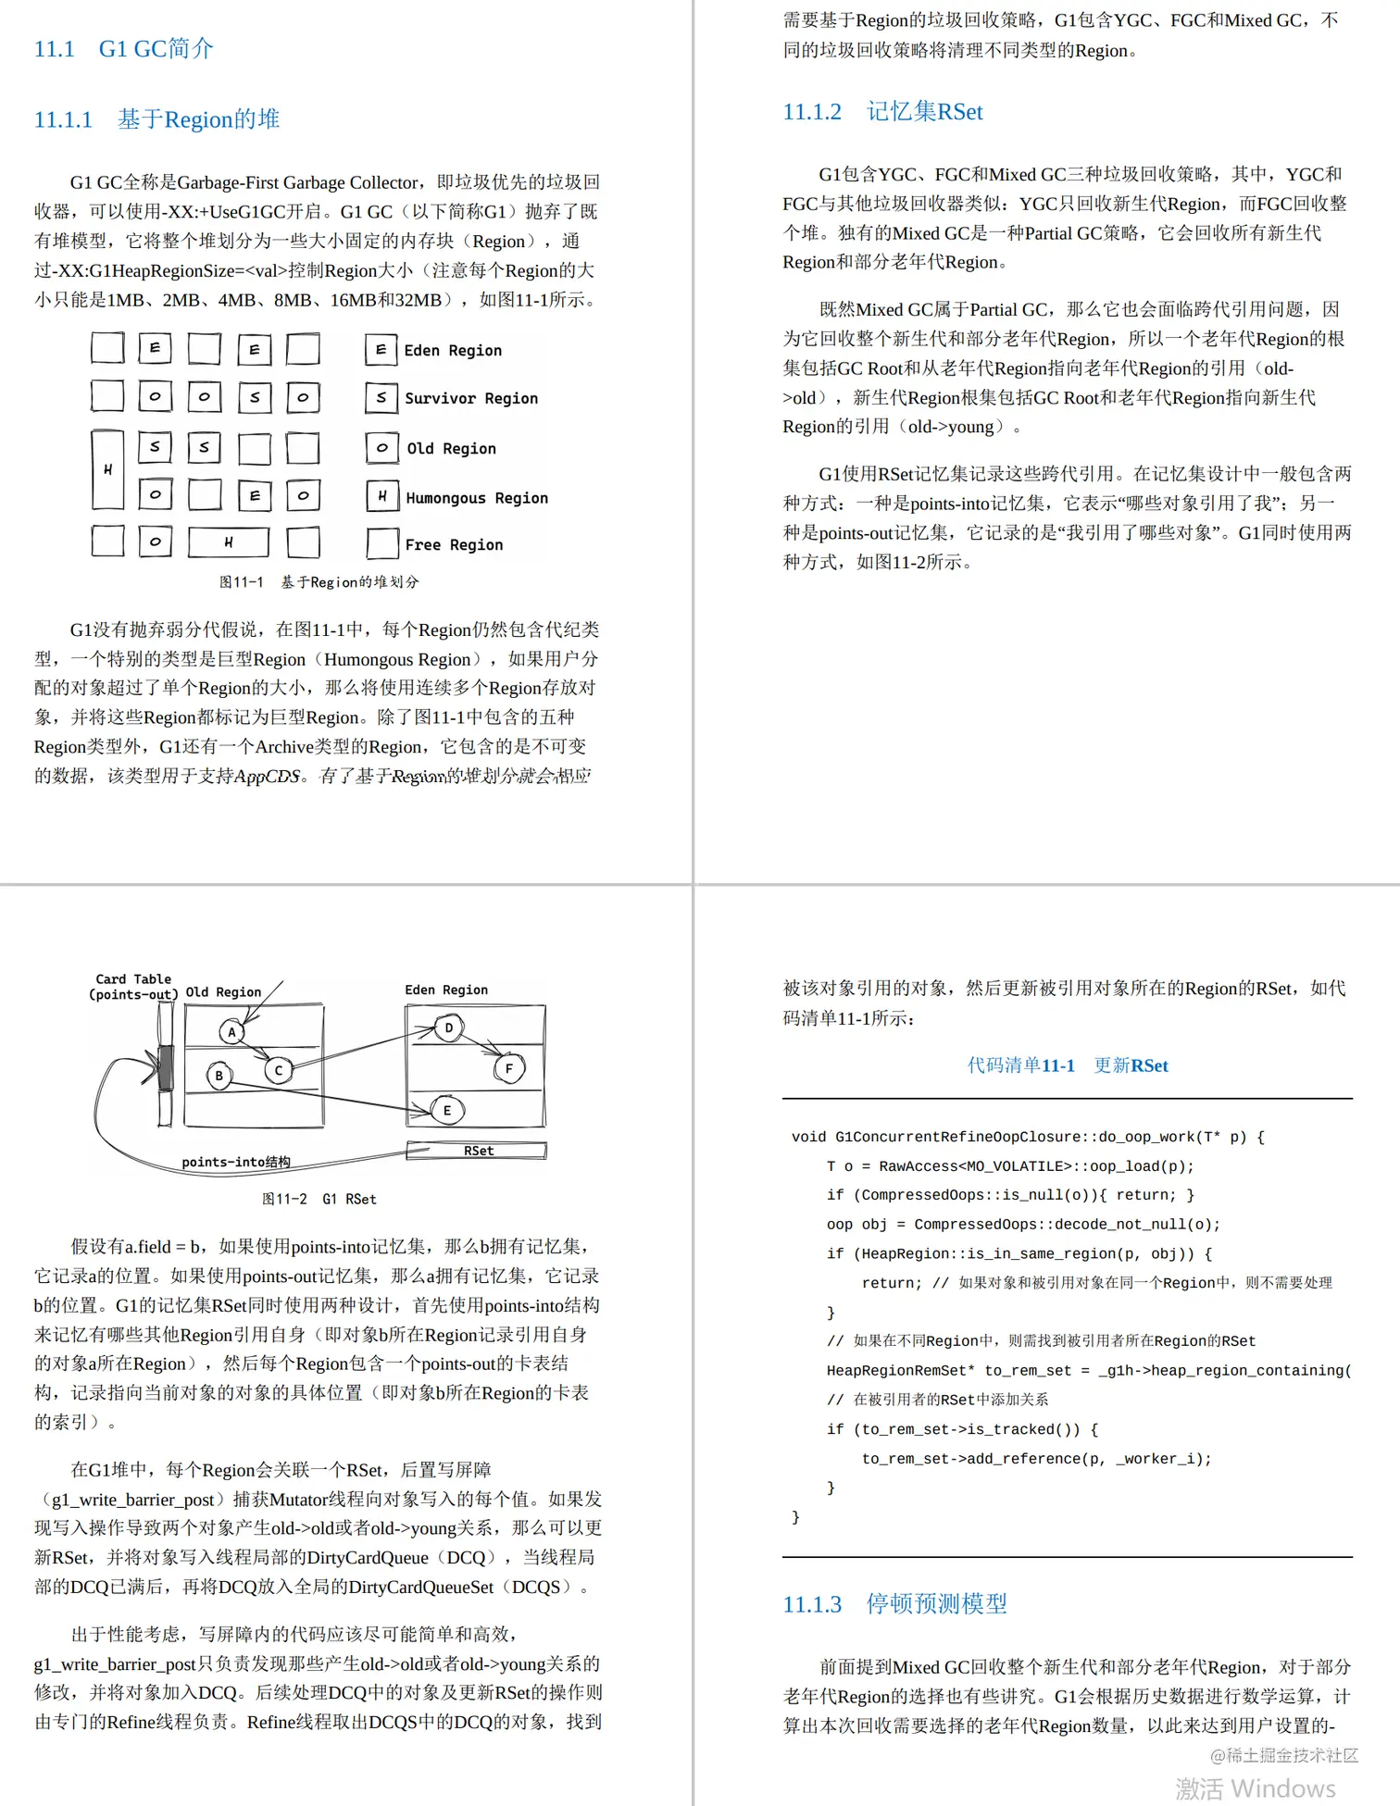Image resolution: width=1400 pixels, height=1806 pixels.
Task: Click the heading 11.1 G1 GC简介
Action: coord(123,48)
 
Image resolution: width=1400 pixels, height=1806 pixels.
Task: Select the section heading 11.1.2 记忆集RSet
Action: coord(881,112)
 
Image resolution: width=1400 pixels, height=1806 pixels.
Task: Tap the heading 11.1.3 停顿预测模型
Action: coord(894,1603)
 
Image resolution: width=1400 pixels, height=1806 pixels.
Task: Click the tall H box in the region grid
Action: coord(107,469)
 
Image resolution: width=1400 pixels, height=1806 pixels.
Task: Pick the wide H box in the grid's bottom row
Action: coord(228,542)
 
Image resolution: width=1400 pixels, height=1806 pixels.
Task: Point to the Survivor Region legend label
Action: coord(470,398)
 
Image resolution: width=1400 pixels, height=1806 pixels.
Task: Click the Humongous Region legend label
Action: coord(476,498)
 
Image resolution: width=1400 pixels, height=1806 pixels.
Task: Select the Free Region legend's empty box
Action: coord(381,543)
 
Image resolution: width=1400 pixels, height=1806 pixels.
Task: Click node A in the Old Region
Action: coord(231,1031)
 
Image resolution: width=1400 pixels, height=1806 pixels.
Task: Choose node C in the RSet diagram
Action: coord(278,1070)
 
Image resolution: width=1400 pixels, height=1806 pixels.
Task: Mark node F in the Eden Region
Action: coord(508,1068)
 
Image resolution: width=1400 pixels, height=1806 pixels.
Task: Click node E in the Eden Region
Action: coord(447,1110)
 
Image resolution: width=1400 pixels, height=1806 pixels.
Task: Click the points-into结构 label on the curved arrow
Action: coord(236,1162)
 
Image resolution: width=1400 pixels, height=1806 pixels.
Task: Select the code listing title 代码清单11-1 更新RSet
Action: coord(1067,1065)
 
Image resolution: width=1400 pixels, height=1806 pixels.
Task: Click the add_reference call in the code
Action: coord(1035,1458)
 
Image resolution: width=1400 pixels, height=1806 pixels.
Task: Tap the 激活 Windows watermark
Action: coord(1255,1787)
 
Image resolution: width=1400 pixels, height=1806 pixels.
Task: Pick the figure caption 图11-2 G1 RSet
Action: coord(319,1199)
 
